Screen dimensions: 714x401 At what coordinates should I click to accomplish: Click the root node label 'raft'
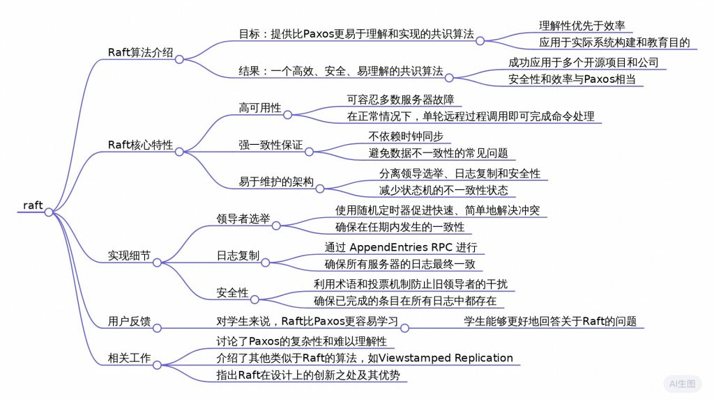(x=33, y=205)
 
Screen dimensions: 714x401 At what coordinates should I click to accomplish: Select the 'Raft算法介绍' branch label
(x=140, y=52)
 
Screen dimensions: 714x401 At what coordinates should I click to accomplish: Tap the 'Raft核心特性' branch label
(x=140, y=145)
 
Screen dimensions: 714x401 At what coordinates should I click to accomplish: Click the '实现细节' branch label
(x=129, y=255)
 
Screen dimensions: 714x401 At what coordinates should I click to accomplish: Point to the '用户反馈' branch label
(x=129, y=321)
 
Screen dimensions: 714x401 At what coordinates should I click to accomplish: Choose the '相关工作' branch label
(x=129, y=358)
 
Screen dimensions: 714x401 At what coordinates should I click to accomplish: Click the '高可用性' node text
(x=259, y=108)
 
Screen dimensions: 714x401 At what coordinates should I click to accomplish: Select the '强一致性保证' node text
(x=271, y=145)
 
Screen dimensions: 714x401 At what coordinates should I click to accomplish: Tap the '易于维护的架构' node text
(x=276, y=182)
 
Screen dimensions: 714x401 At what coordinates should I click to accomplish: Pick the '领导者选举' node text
(x=243, y=219)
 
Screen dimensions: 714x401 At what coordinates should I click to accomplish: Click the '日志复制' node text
(x=238, y=255)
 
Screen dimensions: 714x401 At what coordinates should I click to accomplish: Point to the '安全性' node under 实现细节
(x=232, y=292)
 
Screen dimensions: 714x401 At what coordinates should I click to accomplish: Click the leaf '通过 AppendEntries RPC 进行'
(x=401, y=247)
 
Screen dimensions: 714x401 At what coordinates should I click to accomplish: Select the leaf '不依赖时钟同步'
(x=406, y=136)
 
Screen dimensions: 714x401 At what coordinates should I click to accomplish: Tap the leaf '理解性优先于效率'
(x=582, y=26)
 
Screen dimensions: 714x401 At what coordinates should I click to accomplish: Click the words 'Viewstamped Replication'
(x=446, y=358)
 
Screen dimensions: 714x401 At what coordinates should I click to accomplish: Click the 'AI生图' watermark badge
(x=682, y=384)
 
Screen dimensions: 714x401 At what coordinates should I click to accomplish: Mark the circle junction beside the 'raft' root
(x=49, y=212)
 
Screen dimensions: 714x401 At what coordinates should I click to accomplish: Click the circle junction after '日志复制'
(x=266, y=262)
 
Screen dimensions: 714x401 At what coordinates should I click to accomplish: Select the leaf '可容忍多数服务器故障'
(x=401, y=99)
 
